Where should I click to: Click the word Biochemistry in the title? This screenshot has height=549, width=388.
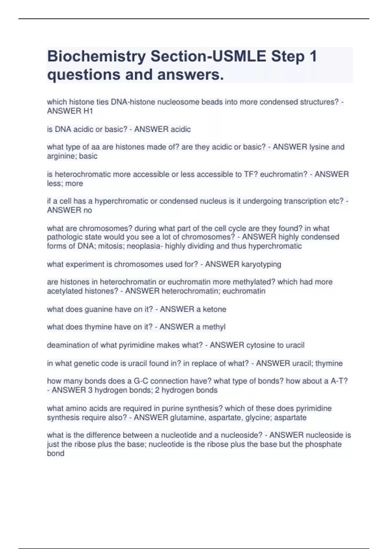[x=96, y=57]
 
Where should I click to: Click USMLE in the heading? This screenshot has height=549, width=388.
[x=239, y=57]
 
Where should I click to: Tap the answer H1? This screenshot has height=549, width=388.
[x=88, y=111]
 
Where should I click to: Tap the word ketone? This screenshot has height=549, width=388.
[x=214, y=309]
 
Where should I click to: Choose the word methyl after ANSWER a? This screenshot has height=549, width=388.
[x=214, y=327]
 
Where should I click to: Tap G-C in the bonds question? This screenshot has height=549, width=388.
[x=141, y=381]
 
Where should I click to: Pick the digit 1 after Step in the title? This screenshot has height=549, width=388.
[x=313, y=57]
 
